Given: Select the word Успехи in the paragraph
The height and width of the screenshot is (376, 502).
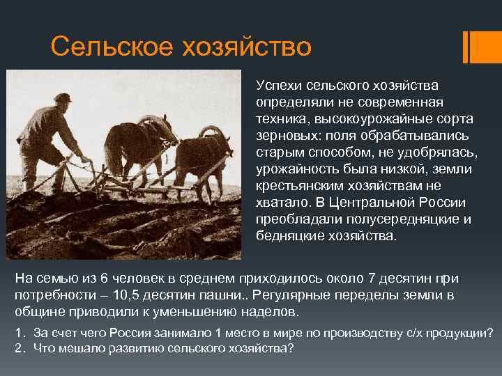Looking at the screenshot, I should pyautogui.click(x=277, y=85).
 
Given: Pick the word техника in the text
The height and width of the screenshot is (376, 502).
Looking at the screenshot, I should pyautogui.click(x=280, y=118).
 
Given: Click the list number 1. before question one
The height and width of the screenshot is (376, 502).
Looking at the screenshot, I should pyautogui.click(x=20, y=331).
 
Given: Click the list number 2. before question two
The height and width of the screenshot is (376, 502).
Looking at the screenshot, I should pyautogui.click(x=20, y=347).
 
